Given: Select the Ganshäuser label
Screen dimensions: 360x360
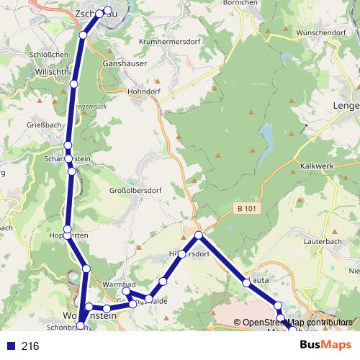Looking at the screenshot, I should pyautogui.click(x=126, y=63).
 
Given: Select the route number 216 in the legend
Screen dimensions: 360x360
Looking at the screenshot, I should pyautogui.click(x=30, y=346).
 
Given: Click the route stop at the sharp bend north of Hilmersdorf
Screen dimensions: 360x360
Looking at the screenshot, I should pyautogui.click(x=199, y=235).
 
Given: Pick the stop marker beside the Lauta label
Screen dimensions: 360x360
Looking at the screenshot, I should pyautogui.click(x=247, y=283).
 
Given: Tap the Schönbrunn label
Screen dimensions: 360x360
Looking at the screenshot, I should pyautogui.click(x=60, y=327).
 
